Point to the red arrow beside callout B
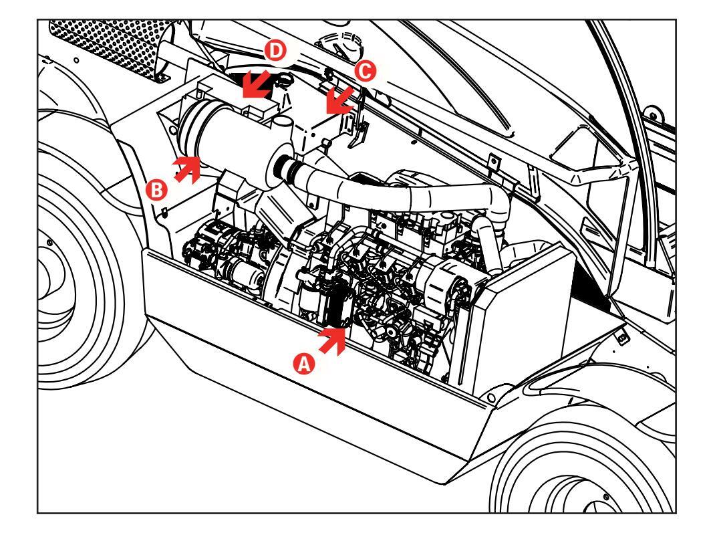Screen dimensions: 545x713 188,169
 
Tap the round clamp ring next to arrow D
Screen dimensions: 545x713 284,80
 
